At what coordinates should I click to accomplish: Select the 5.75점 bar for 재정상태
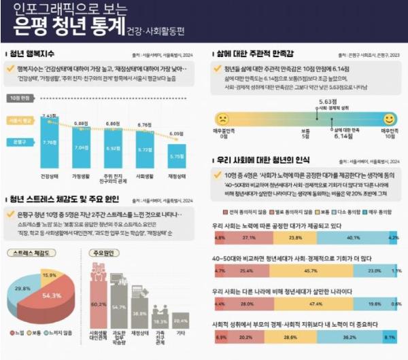click(x=176, y=156)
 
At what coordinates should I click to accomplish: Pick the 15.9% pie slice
click(x=49, y=276)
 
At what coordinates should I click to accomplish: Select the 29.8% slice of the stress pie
click(x=23, y=288)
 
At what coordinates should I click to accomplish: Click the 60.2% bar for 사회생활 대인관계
click(x=98, y=306)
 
